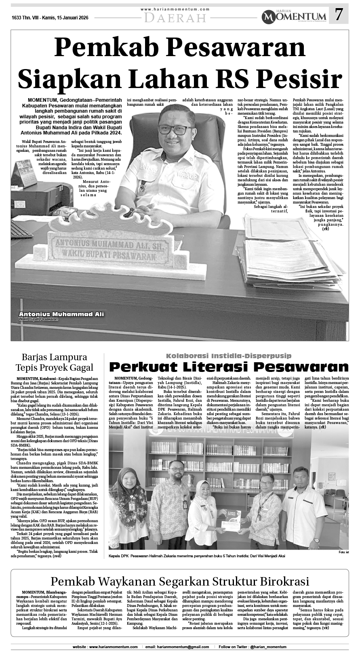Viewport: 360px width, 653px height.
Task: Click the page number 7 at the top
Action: tap(339, 15)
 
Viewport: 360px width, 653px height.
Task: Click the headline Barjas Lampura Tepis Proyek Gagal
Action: tap(54, 362)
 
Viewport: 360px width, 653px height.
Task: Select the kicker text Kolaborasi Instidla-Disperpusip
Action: tap(229, 356)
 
